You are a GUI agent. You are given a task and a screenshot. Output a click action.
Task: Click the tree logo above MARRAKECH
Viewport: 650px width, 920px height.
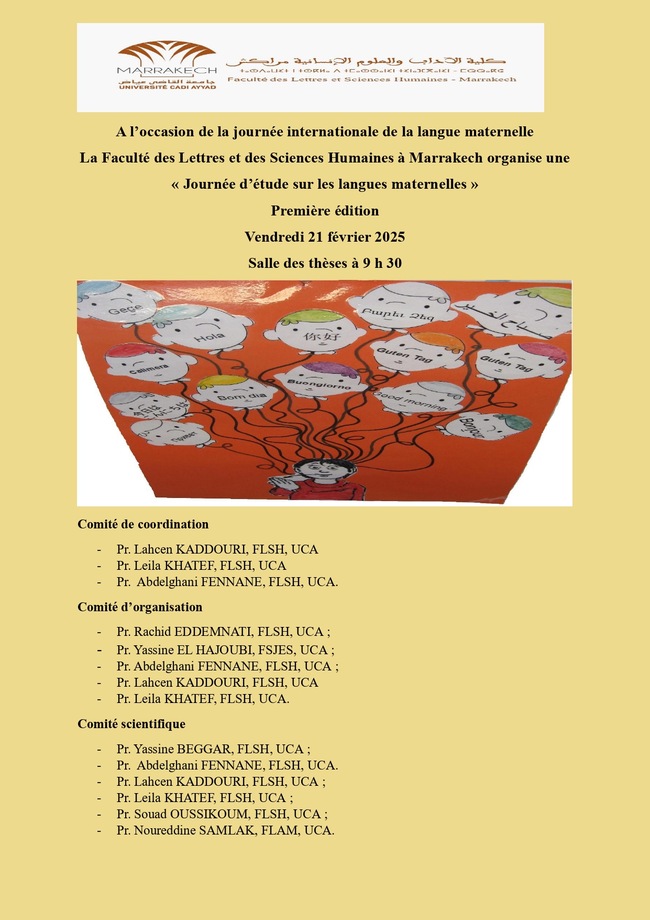(x=167, y=53)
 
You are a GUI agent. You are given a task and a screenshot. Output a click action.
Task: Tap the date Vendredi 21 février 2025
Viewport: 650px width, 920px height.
(x=325, y=237)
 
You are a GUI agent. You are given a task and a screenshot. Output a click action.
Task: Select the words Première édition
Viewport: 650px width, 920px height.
(x=325, y=211)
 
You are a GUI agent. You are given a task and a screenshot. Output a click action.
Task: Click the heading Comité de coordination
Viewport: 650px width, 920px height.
(x=143, y=524)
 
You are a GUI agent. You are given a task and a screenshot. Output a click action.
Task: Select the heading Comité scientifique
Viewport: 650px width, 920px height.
(x=131, y=724)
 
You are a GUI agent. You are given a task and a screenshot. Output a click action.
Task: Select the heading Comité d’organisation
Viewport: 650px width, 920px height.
(x=140, y=607)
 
